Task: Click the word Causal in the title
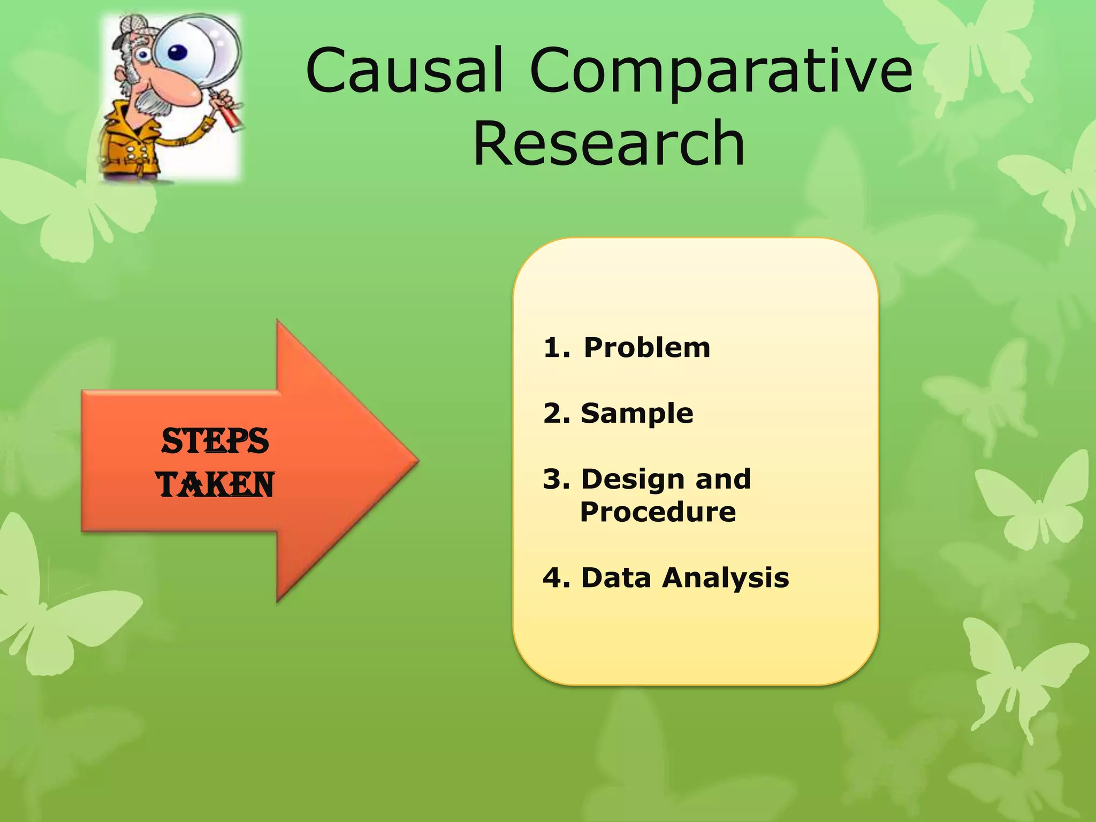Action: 404,71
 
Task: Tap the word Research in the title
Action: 609,143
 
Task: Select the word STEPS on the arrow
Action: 215,442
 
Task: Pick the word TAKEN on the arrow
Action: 215,485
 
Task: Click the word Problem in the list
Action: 646,348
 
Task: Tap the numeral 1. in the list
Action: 557,348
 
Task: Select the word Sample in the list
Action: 637,414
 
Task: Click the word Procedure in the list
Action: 658,512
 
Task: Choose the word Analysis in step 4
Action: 725,578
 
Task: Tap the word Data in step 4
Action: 615,578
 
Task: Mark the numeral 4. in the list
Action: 557,578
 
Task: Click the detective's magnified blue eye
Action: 178,52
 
